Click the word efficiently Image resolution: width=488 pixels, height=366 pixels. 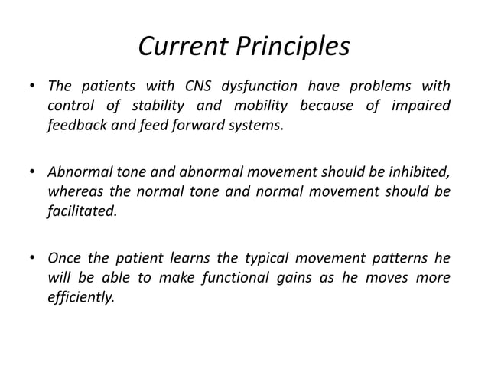(x=80, y=297)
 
